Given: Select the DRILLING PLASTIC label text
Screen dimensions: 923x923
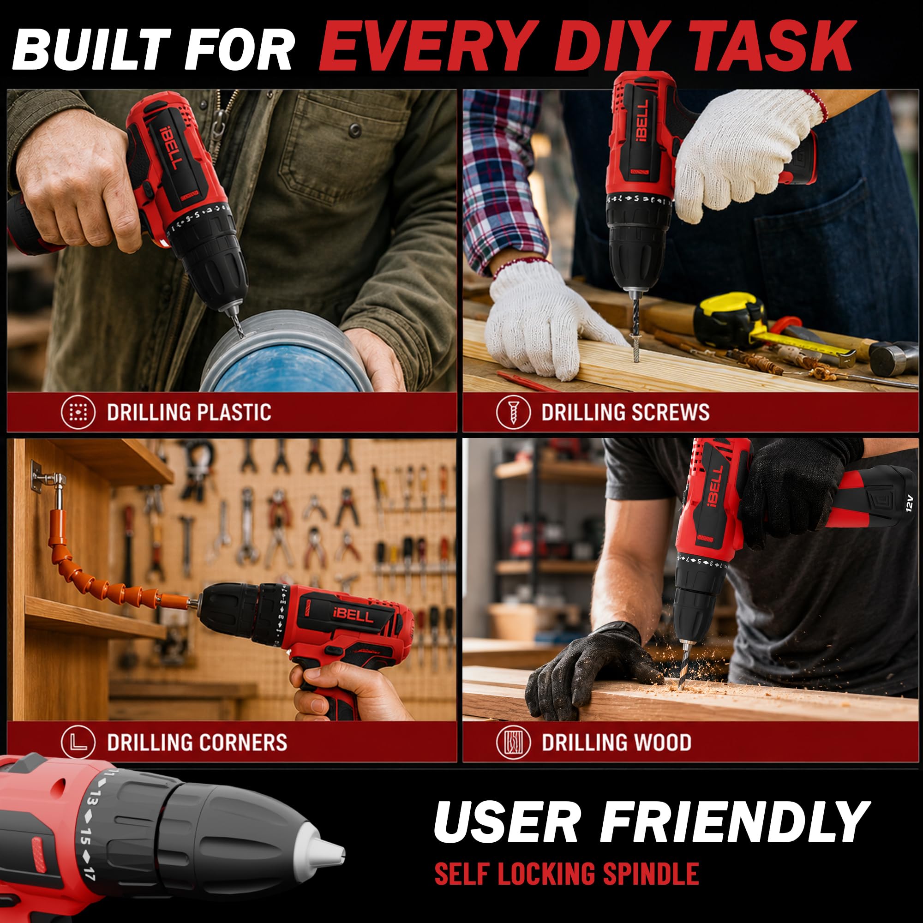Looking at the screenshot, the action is click(189, 412).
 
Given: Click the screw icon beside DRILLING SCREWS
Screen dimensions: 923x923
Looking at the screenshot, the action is click(513, 412).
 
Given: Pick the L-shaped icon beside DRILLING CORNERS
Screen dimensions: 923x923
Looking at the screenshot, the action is click(78, 742).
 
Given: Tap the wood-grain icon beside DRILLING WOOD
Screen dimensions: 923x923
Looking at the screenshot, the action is click(513, 742).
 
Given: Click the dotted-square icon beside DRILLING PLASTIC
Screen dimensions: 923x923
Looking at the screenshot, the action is click(78, 412).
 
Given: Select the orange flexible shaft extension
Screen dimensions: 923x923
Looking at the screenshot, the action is click(110, 564).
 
